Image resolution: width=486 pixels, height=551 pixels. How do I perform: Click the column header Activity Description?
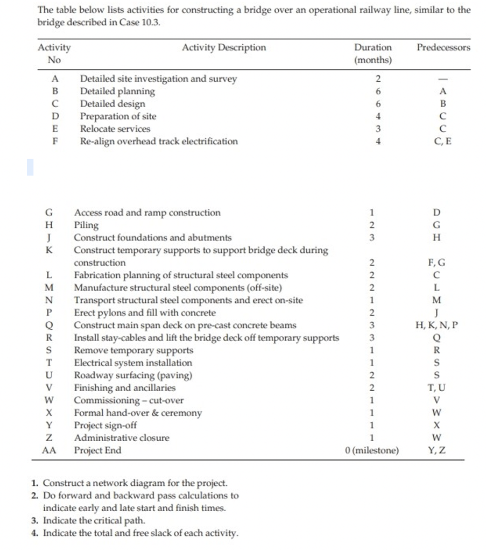pos(223,47)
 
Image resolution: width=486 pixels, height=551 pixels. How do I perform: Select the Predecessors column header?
pos(443,47)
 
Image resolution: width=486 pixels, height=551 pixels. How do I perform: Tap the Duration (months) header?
pos(372,53)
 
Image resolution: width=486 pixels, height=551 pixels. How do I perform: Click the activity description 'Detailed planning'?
pos(117,91)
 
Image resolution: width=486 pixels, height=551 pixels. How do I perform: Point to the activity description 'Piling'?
pos(86,225)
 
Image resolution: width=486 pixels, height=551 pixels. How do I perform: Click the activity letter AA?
pos(49,450)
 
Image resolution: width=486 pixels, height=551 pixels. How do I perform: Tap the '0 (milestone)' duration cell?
pos(372,450)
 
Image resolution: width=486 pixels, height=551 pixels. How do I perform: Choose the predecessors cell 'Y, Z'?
pos(436,450)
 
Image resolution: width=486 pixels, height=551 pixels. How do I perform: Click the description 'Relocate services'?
pos(115,129)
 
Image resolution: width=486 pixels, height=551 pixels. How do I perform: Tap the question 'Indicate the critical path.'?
pos(94,520)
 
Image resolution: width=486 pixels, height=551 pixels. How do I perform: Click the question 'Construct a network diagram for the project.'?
pos(135,483)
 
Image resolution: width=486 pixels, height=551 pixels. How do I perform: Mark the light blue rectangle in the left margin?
pos(30,167)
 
